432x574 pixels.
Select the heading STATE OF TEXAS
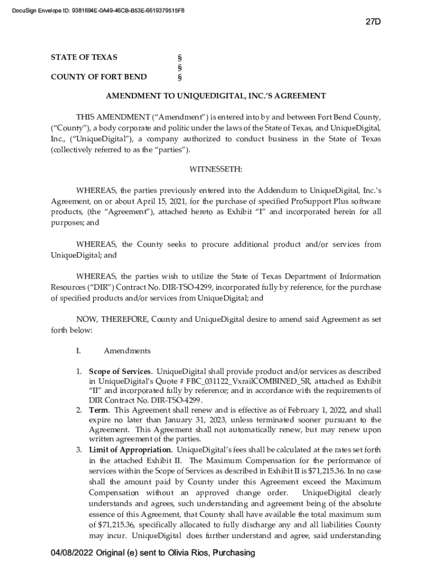point(84,57)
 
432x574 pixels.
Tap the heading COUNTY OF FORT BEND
point(99,77)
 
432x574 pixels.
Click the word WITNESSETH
point(216,169)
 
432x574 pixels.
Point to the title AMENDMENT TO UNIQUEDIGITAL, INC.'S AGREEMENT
point(216,96)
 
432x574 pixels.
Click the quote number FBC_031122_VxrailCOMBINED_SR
point(247,381)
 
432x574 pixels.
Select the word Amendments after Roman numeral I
point(127,351)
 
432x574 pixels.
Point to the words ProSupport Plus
point(318,201)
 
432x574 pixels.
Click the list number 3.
point(79,450)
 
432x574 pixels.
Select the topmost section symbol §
point(179,57)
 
